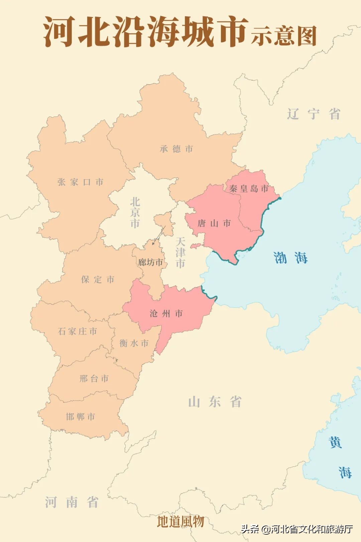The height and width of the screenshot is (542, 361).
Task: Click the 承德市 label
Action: pyautogui.click(x=176, y=149)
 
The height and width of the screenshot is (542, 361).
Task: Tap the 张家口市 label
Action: pyautogui.click(x=80, y=182)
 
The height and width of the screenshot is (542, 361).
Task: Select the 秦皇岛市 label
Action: pyautogui.click(x=249, y=189)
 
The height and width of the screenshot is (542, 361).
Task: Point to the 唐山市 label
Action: pyautogui.click(x=214, y=223)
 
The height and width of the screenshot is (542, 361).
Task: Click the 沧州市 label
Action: pyautogui.click(x=166, y=313)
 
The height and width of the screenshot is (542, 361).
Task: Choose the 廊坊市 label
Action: pyautogui.click(x=150, y=262)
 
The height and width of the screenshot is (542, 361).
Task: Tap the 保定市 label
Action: pyautogui.click(x=98, y=279)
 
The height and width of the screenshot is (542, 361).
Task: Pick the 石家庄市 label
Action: pyautogui.click(x=78, y=331)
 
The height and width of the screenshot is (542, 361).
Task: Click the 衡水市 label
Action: pyautogui.click(x=134, y=343)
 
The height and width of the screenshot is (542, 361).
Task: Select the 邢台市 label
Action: pyautogui.click(x=94, y=379)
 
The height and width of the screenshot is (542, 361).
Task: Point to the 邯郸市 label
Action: pyautogui.click(x=81, y=417)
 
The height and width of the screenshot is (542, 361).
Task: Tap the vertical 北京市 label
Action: pyautogui.click(x=135, y=213)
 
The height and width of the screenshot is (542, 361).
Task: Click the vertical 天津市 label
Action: pyautogui.click(x=180, y=253)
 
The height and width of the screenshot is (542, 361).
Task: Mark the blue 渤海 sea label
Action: pyautogui.click(x=290, y=258)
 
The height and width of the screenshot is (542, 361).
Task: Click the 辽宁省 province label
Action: pyautogui.click(x=314, y=114)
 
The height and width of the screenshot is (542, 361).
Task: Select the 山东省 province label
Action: pyautogui.click(x=215, y=402)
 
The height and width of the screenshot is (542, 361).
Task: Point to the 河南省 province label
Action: pyautogui.click(x=72, y=502)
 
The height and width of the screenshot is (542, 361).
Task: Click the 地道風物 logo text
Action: pyautogui.click(x=180, y=521)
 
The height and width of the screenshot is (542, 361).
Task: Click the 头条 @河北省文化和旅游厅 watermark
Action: pyautogui.click(x=297, y=529)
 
